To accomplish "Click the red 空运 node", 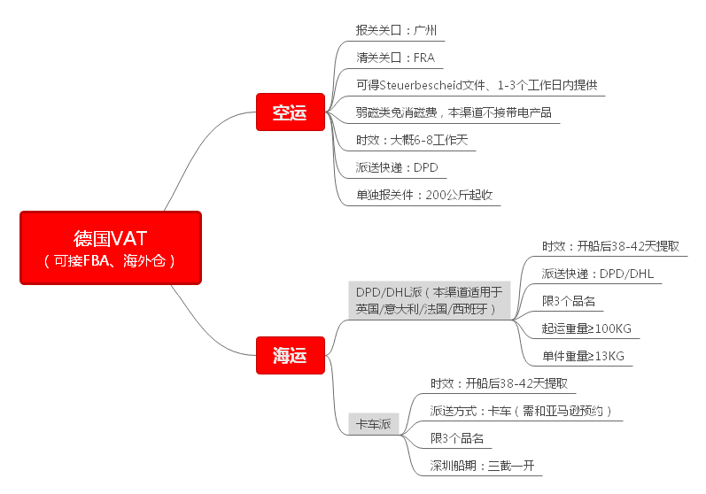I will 289,112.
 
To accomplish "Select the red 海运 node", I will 289,356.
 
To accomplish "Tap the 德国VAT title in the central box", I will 111,237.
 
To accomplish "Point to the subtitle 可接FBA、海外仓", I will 111,260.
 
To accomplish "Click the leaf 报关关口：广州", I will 396,30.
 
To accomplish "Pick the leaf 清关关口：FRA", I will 395,58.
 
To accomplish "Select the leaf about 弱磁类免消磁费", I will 458,113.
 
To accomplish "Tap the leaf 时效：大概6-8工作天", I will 411,141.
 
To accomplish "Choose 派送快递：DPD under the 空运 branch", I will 397,167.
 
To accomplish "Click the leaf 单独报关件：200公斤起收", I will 423,195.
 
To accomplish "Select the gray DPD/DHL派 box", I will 429,300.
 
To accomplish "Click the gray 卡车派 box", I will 373,424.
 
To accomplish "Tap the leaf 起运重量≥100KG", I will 586,328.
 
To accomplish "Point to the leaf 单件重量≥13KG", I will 583,356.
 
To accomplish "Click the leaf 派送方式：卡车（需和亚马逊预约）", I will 521,411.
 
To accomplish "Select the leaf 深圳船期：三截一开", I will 483,466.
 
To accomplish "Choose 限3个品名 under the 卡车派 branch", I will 456,438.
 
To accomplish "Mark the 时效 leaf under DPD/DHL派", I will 610,246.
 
